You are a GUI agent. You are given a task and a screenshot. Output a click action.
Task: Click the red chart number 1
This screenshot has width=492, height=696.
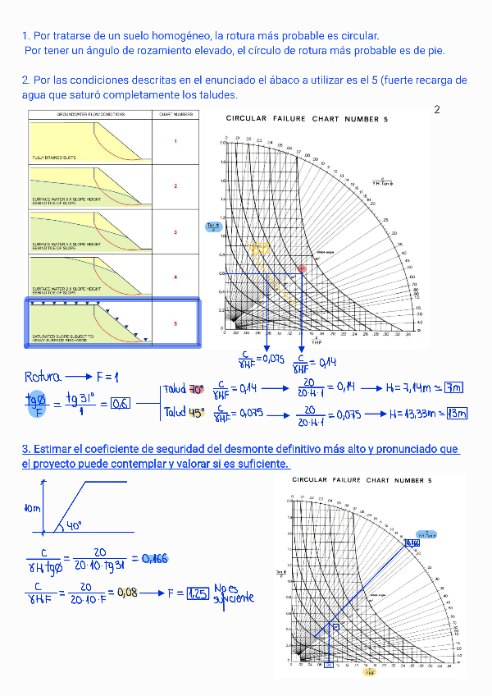coord(175,141)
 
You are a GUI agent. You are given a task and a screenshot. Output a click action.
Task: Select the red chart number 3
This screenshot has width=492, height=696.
coord(175,232)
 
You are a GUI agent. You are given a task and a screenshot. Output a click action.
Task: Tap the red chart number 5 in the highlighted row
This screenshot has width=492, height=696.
coord(175,323)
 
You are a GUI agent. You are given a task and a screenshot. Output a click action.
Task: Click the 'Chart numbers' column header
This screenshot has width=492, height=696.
coord(175,115)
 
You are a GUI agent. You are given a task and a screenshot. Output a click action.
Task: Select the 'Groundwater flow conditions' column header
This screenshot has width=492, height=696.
coord(62,115)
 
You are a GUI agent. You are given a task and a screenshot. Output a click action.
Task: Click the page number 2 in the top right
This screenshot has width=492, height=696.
coord(437,109)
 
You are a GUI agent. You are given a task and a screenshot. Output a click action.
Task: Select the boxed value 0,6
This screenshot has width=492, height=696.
coord(120,403)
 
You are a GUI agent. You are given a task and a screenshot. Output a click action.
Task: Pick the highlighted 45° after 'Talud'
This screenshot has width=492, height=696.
coord(196,413)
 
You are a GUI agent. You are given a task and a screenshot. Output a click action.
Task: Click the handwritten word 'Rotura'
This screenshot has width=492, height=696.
coord(43,377)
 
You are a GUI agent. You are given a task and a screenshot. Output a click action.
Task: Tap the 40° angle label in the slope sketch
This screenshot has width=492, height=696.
coord(75,525)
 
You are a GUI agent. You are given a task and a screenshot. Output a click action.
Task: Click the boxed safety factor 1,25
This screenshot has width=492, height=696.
coord(197,593)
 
